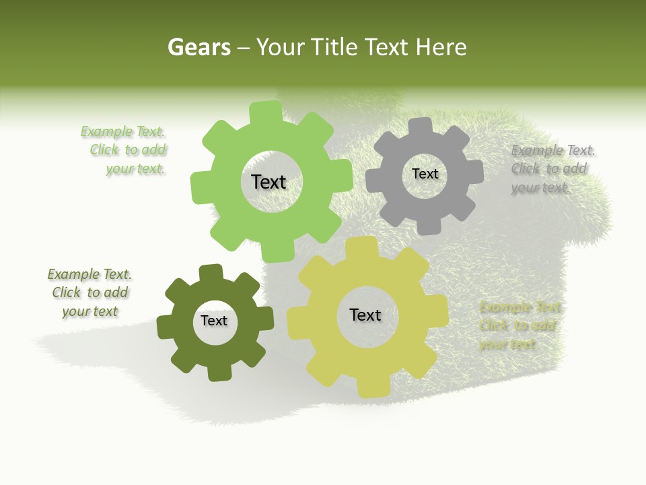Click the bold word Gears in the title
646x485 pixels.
(199, 47)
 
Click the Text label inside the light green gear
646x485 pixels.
(268, 182)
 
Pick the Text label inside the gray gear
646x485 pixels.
(425, 174)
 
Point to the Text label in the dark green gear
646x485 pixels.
(214, 321)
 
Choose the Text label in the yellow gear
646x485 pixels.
(365, 315)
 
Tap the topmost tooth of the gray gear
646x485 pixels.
(421, 126)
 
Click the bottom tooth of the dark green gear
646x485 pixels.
(219, 372)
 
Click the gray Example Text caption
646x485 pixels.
(552, 169)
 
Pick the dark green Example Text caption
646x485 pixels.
(89, 292)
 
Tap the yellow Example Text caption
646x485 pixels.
(519, 326)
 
